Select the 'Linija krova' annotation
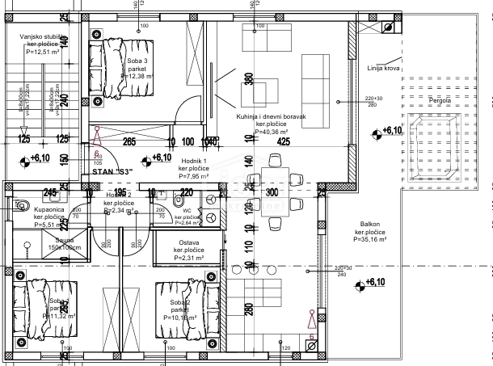(x=383, y=69)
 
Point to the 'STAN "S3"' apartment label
(x=112, y=171)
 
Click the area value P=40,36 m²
(x=272, y=132)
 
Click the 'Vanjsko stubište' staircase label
(x=43, y=36)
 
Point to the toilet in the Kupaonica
(x=21, y=204)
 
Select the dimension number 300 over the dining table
(x=272, y=192)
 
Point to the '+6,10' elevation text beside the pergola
(x=392, y=130)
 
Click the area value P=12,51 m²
(x=41, y=52)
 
